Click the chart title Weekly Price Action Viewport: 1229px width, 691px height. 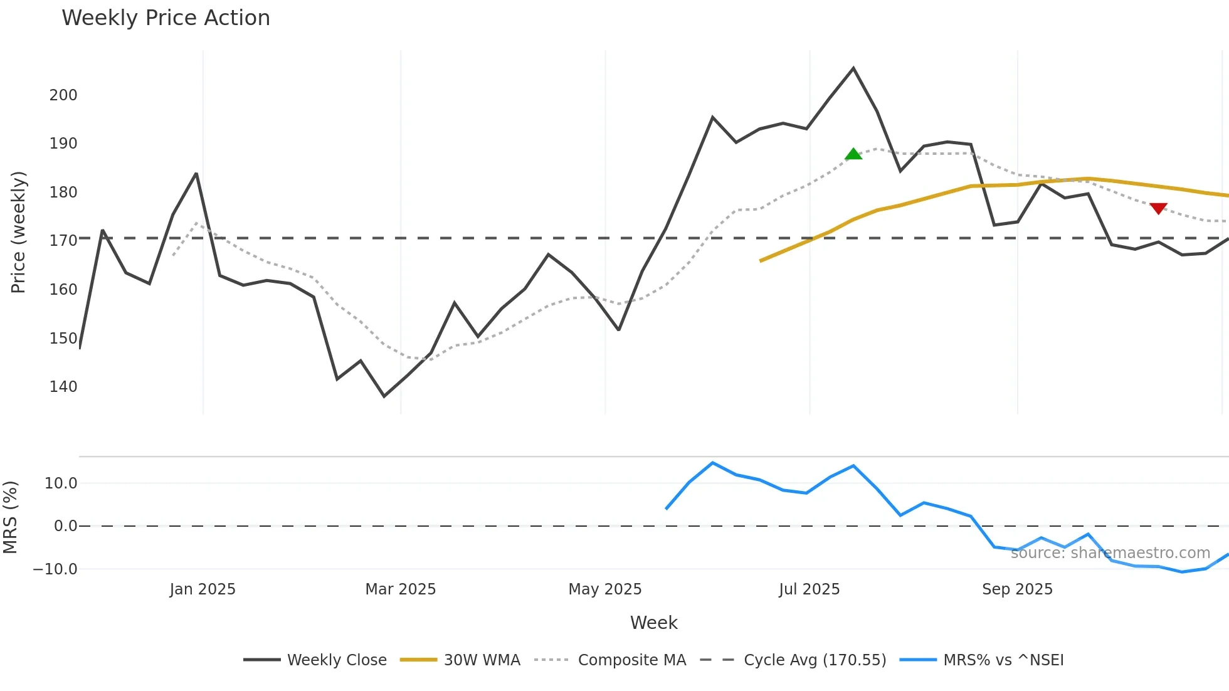pyautogui.click(x=166, y=18)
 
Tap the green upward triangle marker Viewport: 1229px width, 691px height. pyautogui.click(x=853, y=154)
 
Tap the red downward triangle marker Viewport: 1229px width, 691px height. pyautogui.click(x=1158, y=208)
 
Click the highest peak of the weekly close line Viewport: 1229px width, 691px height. pyautogui.click(x=853, y=68)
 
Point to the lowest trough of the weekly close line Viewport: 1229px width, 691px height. pyautogui.click(x=384, y=396)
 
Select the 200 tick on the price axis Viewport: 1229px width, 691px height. pyautogui.click(x=63, y=95)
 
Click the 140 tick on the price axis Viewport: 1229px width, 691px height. pyautogui.click(x=63, y=387)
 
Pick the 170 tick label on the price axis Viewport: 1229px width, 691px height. pyautogui.click(x=63, y=241)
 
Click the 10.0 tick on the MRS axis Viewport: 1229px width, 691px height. pyautogui.click(x=61, y=483)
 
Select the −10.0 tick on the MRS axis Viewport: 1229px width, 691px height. pyautogui.click(x=55, y=569)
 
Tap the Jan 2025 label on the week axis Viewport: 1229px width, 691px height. pyautogui.click(x=203, y=589)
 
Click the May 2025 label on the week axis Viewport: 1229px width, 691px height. pyautogui.click(x=605, y=589)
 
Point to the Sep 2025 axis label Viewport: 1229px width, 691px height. pyautogui.click(x=1017, y=589)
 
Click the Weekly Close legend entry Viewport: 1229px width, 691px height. pyautogui.click(x=337, y=660)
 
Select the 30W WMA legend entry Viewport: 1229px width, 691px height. pyautogui.click(x=482, y=660)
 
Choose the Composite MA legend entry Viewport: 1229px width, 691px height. pyautogui.click(x=631, y=660)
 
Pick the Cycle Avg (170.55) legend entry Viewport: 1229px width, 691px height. pyautogui.click(x=815, y=660)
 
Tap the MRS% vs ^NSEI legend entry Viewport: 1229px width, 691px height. pyautogui.click(x=1003, y=660)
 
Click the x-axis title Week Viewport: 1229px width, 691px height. pyautogui.click(x=653, y=623)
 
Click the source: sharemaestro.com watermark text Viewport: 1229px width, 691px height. pyautogui.click(x=1110, y=553)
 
